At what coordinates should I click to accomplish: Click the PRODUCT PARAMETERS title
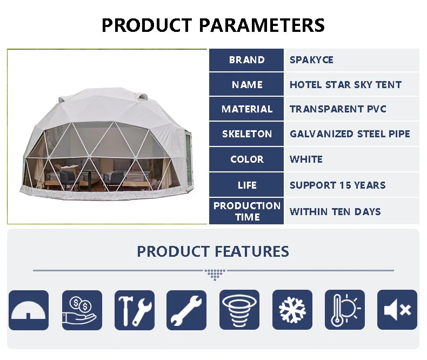point(213,25)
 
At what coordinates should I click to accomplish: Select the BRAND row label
point(246,60)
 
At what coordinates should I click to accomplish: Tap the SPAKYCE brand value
point(311,60)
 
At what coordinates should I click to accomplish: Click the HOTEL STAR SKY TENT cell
point(345,85)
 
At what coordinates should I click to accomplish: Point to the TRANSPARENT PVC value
point(338,109)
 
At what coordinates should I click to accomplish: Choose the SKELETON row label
point(246,134)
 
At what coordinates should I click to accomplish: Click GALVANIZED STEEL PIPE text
point(350,134)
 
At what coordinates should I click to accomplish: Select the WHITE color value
point(306,159)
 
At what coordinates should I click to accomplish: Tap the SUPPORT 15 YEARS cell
point(337,185)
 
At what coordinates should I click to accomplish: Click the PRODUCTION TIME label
point(246,211)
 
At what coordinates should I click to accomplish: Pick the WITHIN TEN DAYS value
point(335,211)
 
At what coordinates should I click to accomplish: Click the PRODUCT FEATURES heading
point(213,251)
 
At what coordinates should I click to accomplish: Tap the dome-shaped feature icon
point(29,310)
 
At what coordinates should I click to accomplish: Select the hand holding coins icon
point(82,310)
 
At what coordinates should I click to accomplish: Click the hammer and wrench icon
point(134,310)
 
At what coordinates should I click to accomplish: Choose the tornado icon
point(239,310)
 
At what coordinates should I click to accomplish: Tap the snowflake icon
point(292,310)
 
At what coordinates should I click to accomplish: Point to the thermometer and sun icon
point(345,310)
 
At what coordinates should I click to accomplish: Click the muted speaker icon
point(397,310)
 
